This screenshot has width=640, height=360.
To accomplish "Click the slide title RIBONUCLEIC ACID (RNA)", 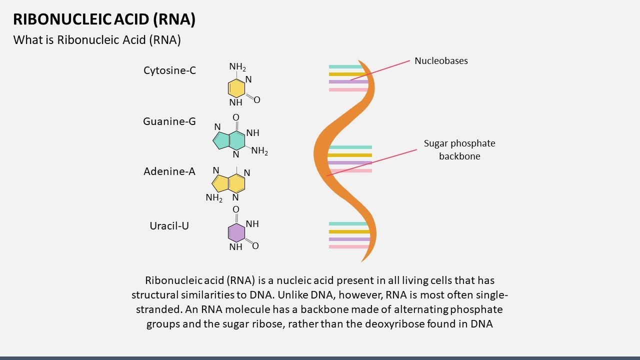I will pyautogui.click(x=104, y=19).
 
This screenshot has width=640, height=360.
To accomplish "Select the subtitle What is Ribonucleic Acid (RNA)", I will pyautogui.click(x=97, y=40).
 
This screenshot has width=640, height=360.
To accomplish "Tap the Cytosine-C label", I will pyautogui.click(x=169, y=70).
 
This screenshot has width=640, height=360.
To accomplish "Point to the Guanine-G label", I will pyautogui.click(x=169, y=121).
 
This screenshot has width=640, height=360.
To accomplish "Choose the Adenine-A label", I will pyautogui.click(x=169, y=171).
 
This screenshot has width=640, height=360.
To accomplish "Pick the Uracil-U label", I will pyautogui.click(x=169, y=226).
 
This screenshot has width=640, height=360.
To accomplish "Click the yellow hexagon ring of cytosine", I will pyautogui.click(x=236, y=88).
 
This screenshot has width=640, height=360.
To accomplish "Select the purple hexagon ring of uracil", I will pyautogui.click(x=236, y=233).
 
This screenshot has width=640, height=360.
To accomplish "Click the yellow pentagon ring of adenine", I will pyautogui.click(x=220, y=183).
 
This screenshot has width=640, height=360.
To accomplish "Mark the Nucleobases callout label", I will pyautogui.click(x=441, y=61).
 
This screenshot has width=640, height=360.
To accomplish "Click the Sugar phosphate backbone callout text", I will pyautogui.click(x=459, y=149).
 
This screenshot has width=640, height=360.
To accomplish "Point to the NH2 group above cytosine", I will pyautogui.click(x=237, y=67).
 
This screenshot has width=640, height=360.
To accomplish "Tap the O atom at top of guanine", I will pyautogui.click(x=236, y=117).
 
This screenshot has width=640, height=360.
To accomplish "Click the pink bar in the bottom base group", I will pyautogui.click(x=348, y=247).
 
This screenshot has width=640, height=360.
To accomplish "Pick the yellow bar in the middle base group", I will pyautogui.click(x=350, y=155).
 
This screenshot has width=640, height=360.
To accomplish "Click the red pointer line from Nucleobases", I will pyautogui.click(x=380, y=70).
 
